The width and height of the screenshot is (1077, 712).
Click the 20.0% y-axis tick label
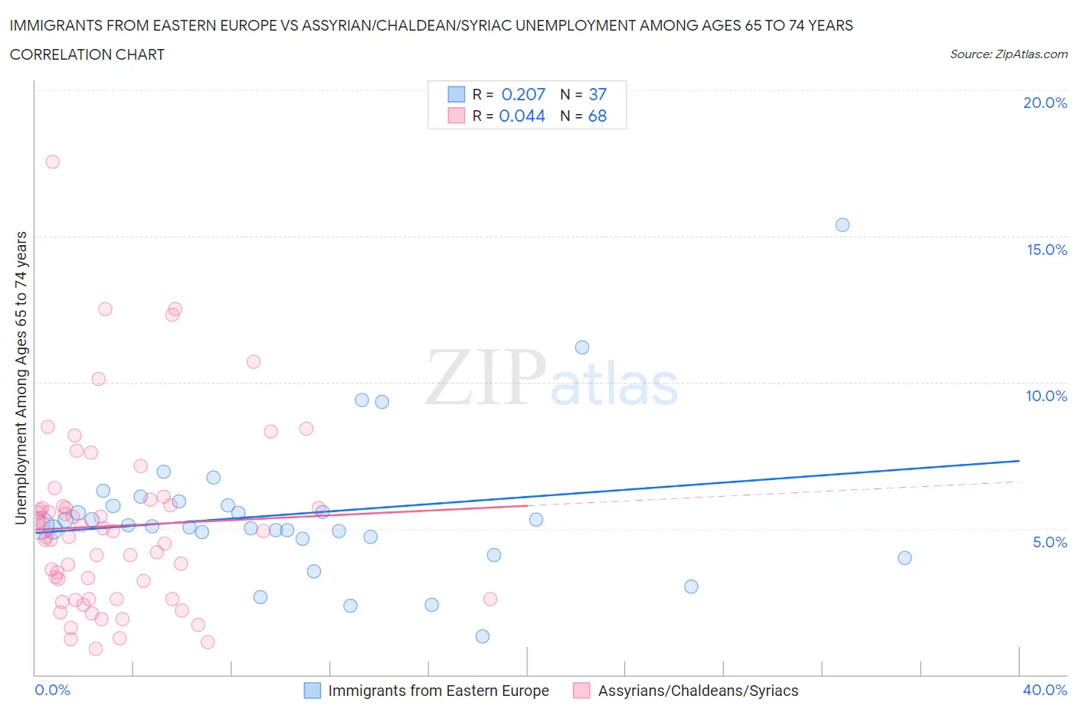coord(1045,103)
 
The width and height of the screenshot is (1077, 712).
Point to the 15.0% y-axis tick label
coord(1046,250)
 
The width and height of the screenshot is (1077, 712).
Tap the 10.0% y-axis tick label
coord(1046,396)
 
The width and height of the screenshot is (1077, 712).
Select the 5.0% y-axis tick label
coord(1049,542)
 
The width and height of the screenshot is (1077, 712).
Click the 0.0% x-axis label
coord(52,690)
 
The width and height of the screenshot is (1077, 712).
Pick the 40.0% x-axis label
coord(1045,690)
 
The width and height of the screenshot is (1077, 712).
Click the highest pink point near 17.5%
coord(52,162)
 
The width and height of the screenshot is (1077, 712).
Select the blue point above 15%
coord(842,225)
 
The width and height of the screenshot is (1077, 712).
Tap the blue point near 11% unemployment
coord(582,348)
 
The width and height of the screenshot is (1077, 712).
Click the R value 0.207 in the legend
coord(523,94)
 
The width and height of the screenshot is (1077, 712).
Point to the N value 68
coord(597,116)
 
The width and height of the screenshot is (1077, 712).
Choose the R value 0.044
coord(522,116)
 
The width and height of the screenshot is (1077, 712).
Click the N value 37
coord(597,94)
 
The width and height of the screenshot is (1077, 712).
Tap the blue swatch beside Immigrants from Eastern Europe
coord(313,691)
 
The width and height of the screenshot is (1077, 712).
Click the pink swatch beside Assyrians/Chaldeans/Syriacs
coord(581,691)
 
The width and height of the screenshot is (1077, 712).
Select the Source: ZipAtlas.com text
coord(1008,54)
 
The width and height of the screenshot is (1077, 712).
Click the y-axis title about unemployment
coord(21,378)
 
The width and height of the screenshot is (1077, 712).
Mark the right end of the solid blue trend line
coord(1019,461)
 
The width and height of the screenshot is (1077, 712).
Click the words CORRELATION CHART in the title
coord(87,54)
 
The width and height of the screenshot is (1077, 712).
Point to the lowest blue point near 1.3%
coord(483,636)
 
